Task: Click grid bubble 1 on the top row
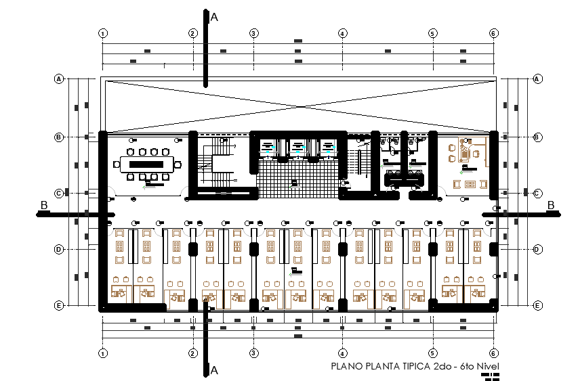click(x=103, y=33)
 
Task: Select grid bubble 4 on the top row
click(x=343, y=33)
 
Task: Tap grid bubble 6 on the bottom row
click(x=494, y=353)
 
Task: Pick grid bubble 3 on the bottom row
click(x=253, y=353)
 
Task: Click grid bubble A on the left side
click(x=59, y=79)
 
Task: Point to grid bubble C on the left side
click(x=59, y=194)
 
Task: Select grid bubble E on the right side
click(x=537, y=306)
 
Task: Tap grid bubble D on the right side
click(x=537, y=249)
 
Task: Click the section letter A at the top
click(x=214, y=17)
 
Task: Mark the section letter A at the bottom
click(x=214, y=370)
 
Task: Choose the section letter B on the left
click(x=44, y=205)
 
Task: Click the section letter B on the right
click(x=551, y=205)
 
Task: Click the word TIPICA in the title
click(x=410, y=366)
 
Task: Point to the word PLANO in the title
click(x=346, y=366)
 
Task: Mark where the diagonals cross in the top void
click(x=298, y=105)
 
